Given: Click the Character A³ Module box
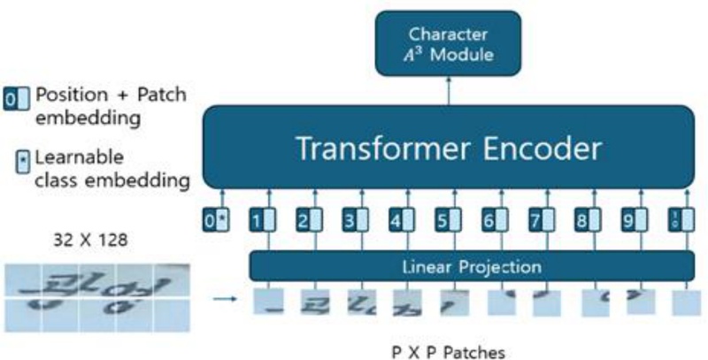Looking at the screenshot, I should click(447, 46).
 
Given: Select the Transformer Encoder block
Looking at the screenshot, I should click(449, 147).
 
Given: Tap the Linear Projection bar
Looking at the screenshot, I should click(471, 265).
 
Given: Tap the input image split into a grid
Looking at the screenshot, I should click(96, 298).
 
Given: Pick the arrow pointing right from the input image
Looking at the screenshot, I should click(226, 298).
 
